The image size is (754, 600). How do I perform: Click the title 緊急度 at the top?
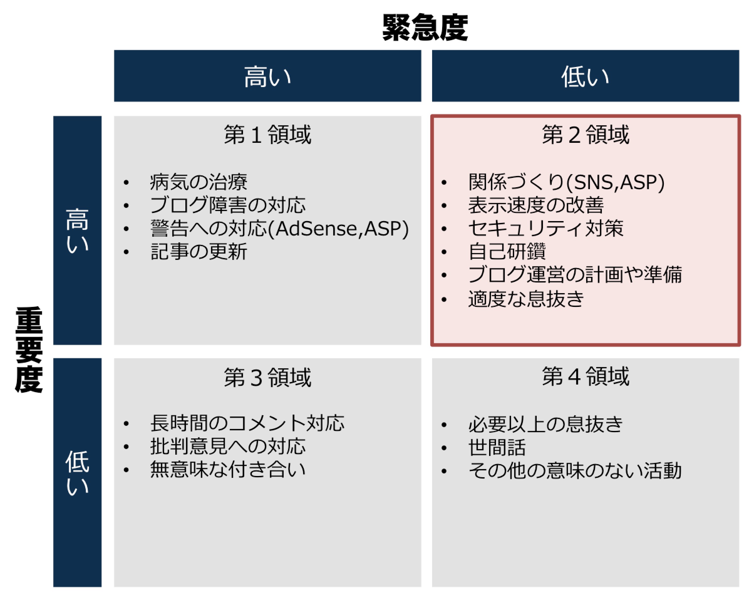[x=425, y=27]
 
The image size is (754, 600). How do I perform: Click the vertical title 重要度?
[x=29, y=349]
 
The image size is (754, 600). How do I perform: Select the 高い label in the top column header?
[x=267, y=77]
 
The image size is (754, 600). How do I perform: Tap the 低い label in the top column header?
[x=586, y=77]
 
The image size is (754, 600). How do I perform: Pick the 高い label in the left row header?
[x=77, y=230]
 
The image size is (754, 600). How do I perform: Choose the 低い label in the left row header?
[x=77, y=473]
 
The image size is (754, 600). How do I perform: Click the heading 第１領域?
[x=267, y=135]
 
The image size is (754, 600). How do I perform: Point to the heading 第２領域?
[x=586, y=135]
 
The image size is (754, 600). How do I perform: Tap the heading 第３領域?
[x=267, y=377]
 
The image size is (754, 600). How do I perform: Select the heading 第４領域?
[x=586, y=376]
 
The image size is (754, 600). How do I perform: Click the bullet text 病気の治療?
[x=199, y=182]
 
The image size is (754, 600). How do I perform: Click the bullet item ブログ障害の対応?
[x=228, y=205]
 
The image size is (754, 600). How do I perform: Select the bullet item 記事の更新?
[x=199, y=251]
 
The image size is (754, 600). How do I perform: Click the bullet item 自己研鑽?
[x=507, y=251]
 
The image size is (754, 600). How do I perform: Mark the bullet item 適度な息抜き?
[x=526, y=299]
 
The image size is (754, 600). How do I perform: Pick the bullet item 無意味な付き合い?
[x=228, y=469]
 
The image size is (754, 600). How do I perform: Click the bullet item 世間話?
[x=497, y=447]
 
